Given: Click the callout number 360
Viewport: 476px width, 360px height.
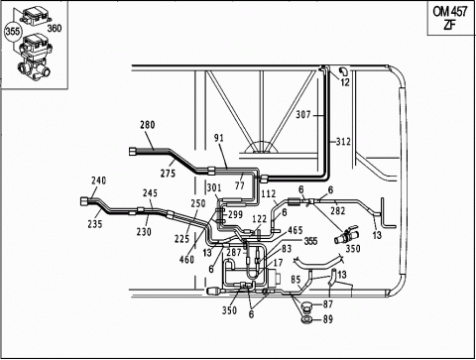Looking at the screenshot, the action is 55,28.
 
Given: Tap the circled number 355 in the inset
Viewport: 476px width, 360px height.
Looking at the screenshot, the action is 13,32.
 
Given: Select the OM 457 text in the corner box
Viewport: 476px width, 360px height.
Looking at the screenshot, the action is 450,12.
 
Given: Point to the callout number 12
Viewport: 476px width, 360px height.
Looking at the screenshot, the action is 345,82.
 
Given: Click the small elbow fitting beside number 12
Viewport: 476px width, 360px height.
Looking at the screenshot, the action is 343,70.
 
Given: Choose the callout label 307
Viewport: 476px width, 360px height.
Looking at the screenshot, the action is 303,115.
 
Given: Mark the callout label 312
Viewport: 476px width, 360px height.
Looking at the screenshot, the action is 343,142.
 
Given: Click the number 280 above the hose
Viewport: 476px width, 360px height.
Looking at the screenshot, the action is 148,125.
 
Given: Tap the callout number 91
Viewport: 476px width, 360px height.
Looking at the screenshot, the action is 219,138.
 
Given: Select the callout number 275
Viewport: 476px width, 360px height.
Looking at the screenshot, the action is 168,173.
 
